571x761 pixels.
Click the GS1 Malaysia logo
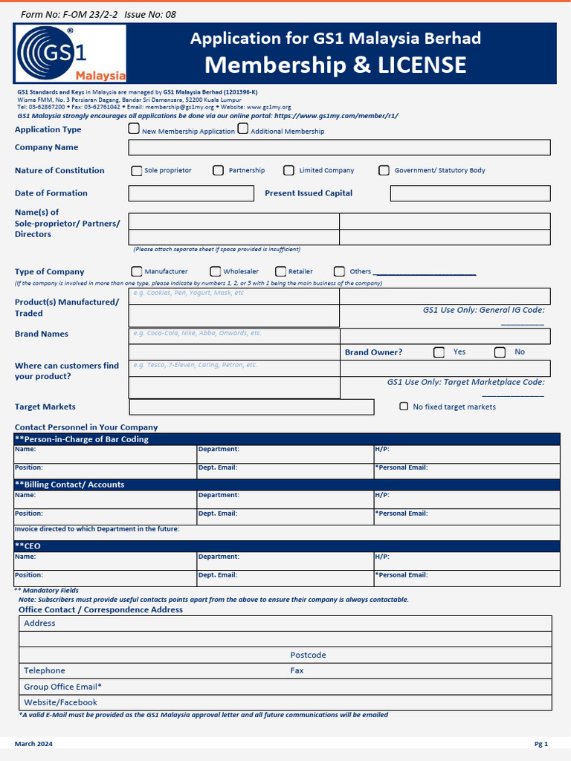(71, 54)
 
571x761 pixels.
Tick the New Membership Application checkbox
(134, 129)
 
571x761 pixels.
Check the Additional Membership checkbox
(243, 129)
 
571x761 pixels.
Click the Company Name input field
(339, 147)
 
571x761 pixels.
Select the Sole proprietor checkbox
(137, 170)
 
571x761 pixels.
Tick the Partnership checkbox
(218, 170)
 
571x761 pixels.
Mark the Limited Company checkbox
(288, 170)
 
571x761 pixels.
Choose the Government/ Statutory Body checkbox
(384, 170)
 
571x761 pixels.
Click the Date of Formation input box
(191, 193)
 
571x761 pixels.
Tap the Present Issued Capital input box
(470, 193)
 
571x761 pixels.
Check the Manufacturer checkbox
(137, 271)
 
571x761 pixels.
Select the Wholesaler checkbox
(216, 271)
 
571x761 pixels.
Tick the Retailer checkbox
(281, 271)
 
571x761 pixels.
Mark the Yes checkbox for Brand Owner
(439, 352)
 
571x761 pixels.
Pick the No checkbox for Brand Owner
(500, 352)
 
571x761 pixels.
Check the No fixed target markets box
(404, 407)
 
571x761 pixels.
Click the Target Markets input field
(251, 407)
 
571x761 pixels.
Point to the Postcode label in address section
(308, 655)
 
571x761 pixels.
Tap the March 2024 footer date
(33, 744)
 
